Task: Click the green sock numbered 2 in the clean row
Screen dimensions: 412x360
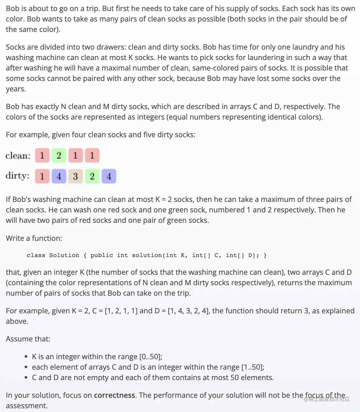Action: point(59,156)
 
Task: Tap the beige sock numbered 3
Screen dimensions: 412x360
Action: point(75,176)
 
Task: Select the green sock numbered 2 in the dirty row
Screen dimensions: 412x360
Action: point(92,176)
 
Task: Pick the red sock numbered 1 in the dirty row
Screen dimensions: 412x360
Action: point(42,176)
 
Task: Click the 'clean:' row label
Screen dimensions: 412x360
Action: point(18,156)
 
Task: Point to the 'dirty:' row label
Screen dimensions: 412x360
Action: point(17,176)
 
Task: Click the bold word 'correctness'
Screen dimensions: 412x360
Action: point(114,395)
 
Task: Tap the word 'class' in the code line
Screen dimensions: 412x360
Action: point(36,255)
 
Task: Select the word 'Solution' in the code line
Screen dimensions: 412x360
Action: point(64,255)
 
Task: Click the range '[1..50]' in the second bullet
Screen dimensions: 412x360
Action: point(252,367)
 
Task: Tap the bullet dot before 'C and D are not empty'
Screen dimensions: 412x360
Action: point(26,377)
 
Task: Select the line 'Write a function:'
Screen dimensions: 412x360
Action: point(34,238)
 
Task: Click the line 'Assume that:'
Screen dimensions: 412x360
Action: point(28,339)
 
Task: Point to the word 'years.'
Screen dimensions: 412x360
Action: point(16,89)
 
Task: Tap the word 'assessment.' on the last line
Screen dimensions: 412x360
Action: point(27,406)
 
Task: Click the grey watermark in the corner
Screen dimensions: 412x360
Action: point(327,399)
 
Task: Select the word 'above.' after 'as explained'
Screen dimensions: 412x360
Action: point(17,321)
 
